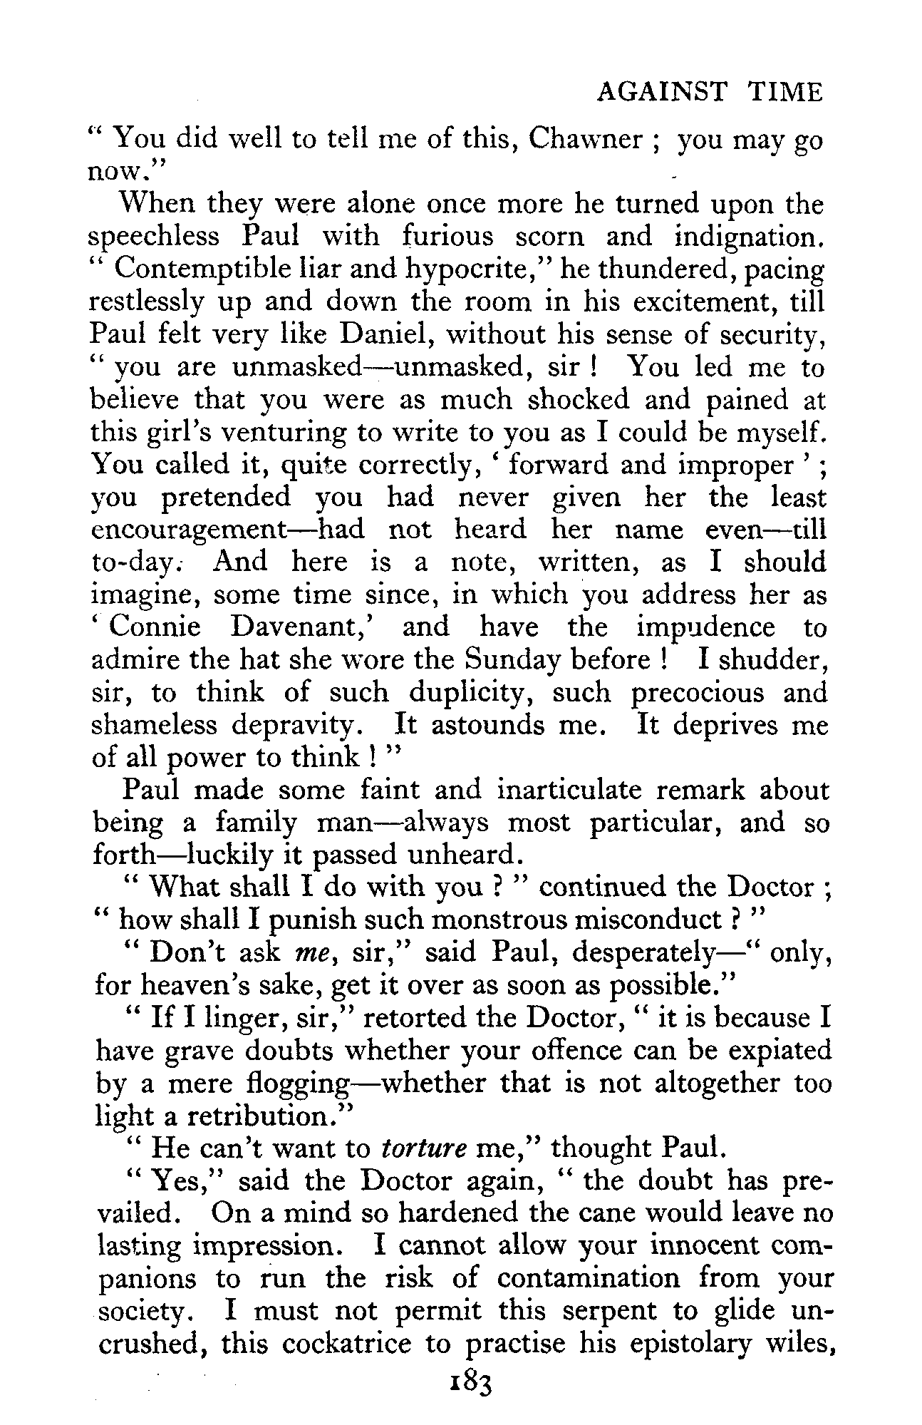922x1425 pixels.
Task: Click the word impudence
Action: pos(705,627)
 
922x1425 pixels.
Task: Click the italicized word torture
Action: pos(424,1148)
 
